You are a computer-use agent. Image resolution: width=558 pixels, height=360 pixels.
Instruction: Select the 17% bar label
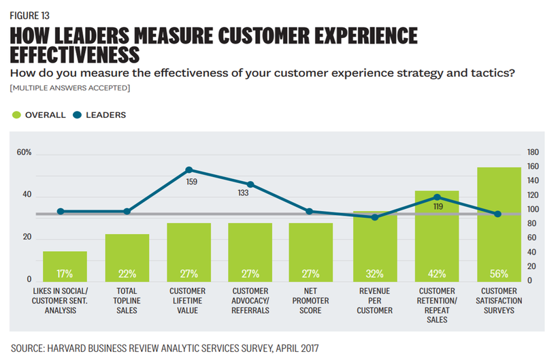(65, 274)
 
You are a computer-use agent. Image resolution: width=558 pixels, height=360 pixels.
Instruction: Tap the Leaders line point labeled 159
(188, 169)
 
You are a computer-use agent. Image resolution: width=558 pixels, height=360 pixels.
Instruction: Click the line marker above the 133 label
(250, 184)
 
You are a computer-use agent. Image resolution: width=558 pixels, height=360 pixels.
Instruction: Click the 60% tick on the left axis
(24, 152)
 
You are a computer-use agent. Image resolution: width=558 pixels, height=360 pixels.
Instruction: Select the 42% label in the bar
(436, 274)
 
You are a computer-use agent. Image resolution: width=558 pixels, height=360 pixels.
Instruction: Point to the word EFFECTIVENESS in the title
(75, 54)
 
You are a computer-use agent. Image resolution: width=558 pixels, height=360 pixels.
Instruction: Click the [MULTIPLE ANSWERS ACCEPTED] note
(70, 88)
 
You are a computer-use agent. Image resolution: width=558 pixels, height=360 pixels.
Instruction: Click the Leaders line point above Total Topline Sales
(127, 212)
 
